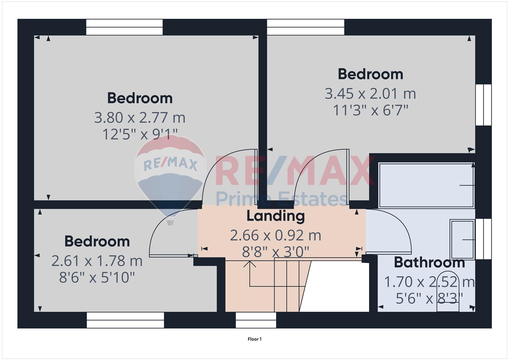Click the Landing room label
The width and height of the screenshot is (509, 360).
[x=276, y=216]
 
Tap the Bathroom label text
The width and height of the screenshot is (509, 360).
[x=429, y=263]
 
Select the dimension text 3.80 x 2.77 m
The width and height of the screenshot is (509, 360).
[x=140, y=118]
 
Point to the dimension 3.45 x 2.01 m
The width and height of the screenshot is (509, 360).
[x=370, y=94]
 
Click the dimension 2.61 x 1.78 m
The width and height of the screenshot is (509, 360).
[x=97, y=261]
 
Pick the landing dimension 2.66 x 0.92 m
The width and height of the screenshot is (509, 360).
[x=276, y=235]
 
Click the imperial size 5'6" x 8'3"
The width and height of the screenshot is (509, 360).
[x=429, y=298]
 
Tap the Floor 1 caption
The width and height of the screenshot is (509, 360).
[x=255, y=339]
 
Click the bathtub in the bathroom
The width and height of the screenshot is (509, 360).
[x=426, y=185]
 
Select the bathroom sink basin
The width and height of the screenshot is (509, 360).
[x=462, y=239]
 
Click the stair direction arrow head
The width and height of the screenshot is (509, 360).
[x=250, y=264]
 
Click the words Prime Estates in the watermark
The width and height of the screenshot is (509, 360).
[x=282, y=199]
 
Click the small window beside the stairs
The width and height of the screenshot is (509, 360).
[x=256, y=320]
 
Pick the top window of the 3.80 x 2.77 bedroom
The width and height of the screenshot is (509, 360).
[x=124, y=27]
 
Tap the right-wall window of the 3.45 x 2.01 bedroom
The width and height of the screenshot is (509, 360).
[x=484, y=105]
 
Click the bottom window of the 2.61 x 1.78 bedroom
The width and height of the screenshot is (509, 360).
[x=125, y=320]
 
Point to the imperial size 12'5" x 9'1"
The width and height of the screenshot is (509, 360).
[x=140, y=134]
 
